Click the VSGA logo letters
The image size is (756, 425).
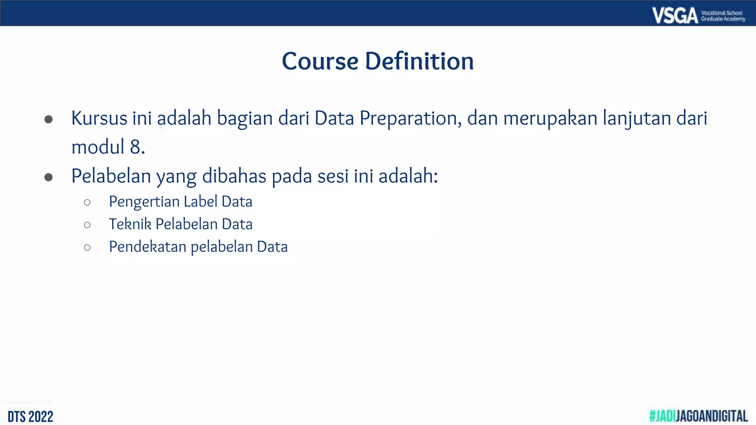(x=675, y=15)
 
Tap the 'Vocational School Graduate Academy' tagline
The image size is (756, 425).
(x=723, y=16)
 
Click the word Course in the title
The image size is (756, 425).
(x=320, y=61)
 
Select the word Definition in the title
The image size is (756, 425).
(x=419, y=61)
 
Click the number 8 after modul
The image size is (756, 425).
(x=135, y=147)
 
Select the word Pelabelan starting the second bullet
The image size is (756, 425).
(x=111, y=176)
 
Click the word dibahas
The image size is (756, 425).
(x=234, y=176)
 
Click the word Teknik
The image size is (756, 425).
(x=130, y=224)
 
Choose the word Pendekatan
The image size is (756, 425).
(x=148, y=247)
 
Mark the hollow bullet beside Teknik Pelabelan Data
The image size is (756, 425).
(x=87, y=225)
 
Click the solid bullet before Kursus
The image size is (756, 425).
(x=48, y=119)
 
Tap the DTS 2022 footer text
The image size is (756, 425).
(x=30, y=417)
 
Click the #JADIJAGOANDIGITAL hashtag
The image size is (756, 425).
(x=698, y=416)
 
